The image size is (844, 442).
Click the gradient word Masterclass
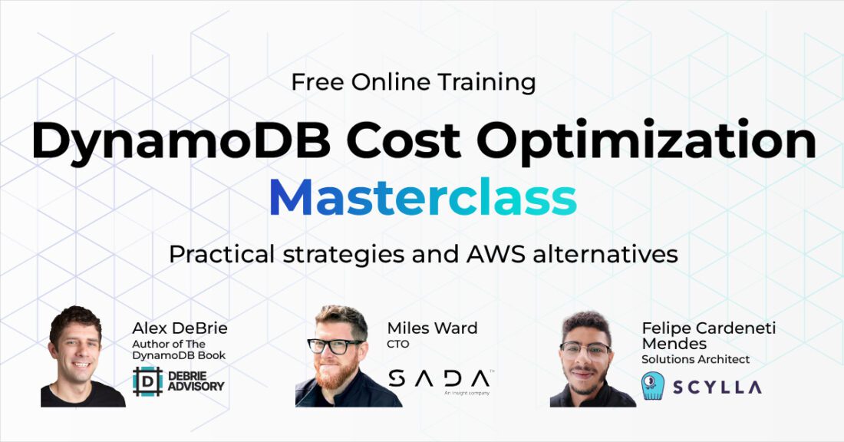tap(423, 196)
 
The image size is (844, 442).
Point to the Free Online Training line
tap(414, 82)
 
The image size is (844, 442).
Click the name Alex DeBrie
tap(180, 328)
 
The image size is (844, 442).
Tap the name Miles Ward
tap(432, 328)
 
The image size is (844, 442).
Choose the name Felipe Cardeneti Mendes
tap(709, 335)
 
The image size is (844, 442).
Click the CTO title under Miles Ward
tap(397, 344)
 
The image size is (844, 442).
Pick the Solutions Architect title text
tap(695, 359)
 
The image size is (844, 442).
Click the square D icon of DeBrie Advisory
tap(147, 381)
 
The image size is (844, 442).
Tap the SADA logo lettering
tap(439, 378)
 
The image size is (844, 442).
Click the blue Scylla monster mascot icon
tap(653, 386)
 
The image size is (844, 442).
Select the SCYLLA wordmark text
tap(717, 387)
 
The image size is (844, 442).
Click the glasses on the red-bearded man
tap(335, 346)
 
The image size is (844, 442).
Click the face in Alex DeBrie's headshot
tap(79, 351)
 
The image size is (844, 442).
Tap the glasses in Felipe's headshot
tap(585, 351)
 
